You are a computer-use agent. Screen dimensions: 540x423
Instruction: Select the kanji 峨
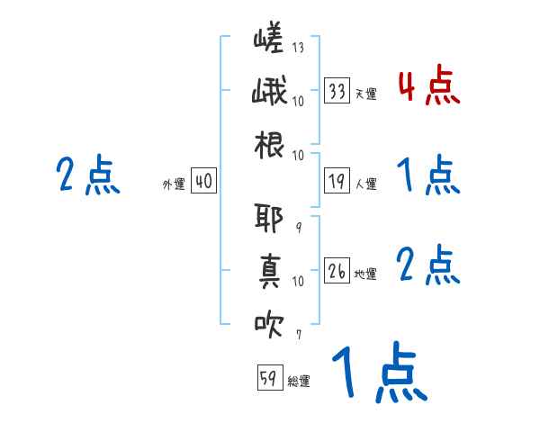coord(269,94)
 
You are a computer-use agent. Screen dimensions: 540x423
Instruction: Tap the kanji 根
coord(269,144)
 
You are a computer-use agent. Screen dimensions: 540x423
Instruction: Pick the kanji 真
coord(269,270)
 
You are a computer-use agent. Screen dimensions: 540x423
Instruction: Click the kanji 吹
coord(269,322)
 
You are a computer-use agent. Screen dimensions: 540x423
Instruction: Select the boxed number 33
coord(337,91)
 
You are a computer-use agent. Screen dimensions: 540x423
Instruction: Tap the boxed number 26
coord(337,271)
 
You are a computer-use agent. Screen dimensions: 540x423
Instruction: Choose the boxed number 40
coord(203,182)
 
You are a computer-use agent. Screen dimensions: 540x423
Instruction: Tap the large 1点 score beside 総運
coord(378,373)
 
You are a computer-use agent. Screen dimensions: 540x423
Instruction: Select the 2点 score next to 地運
coord(427,265)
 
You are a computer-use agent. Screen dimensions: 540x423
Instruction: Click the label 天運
coord(365,94)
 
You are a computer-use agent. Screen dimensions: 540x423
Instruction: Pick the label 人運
coord(366,184)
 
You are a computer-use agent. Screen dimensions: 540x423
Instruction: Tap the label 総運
coord(299,382)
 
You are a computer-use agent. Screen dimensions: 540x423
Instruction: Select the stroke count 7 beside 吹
coord(298,334)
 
